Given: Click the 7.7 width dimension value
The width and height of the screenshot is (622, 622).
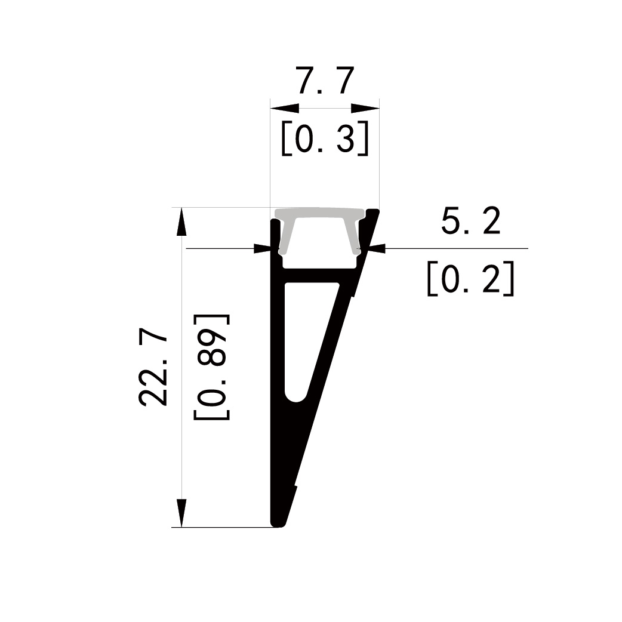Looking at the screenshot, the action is pos(325,81).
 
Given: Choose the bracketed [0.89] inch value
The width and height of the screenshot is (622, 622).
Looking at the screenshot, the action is pos(211,367).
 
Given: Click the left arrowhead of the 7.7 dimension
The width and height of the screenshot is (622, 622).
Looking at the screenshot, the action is pos(284,108).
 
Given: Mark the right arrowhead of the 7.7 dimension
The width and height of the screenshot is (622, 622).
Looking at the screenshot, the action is pos(365,108).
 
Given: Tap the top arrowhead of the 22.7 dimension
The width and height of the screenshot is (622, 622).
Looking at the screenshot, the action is pos(181,221).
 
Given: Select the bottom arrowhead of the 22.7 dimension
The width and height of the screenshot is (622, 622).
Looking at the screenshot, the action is pos(181,513).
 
